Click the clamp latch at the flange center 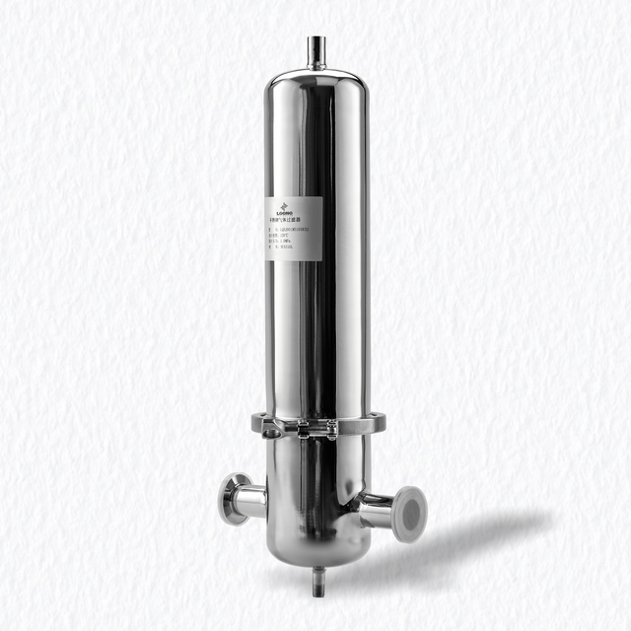click(314, 427)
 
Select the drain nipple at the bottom click(317, 581)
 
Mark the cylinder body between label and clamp click(315, 335)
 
